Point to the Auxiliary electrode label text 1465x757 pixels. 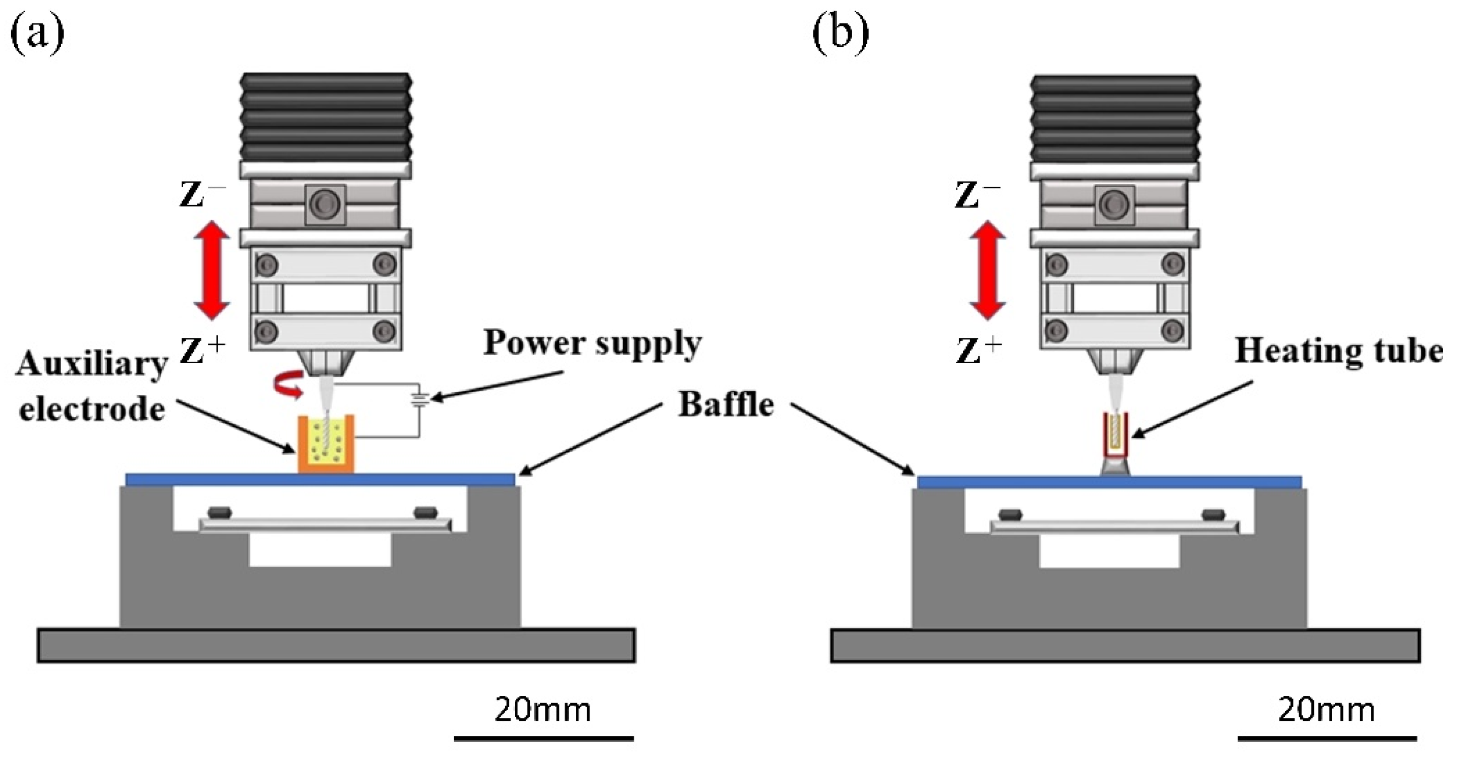click(x=92, y=387)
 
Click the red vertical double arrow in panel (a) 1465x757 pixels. click(x=212, y=270)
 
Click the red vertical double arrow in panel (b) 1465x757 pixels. click(x=987, y=270)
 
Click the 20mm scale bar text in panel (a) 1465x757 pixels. click(x=543, y=710)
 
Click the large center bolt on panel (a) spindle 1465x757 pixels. click(x=326, y=203)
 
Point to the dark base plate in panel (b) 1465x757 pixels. click(x=1125, y=646)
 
